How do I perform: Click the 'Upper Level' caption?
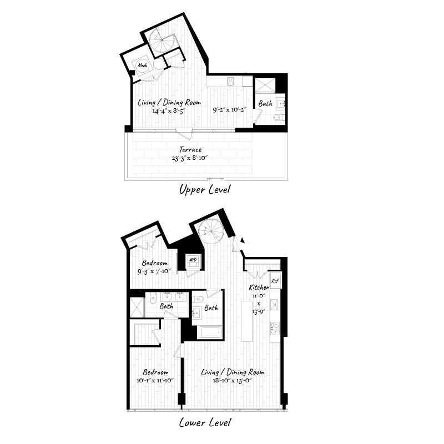pyautogui.click(x=204, y=190)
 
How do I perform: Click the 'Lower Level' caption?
pyautogui.click(x=205, y=423)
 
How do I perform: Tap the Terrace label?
pyautogui.click(x=190, y=150)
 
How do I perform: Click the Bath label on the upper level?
pyautogui.click(x=265, y=103)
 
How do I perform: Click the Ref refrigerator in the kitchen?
pyautogui.click(x=276, y=281)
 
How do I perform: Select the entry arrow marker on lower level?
pyautogui.click(x=242, y=241)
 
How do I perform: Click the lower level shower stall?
pyautogui.click(x=137, y=307)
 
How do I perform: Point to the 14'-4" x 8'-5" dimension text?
pyautogui.click(x=168, y=110)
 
